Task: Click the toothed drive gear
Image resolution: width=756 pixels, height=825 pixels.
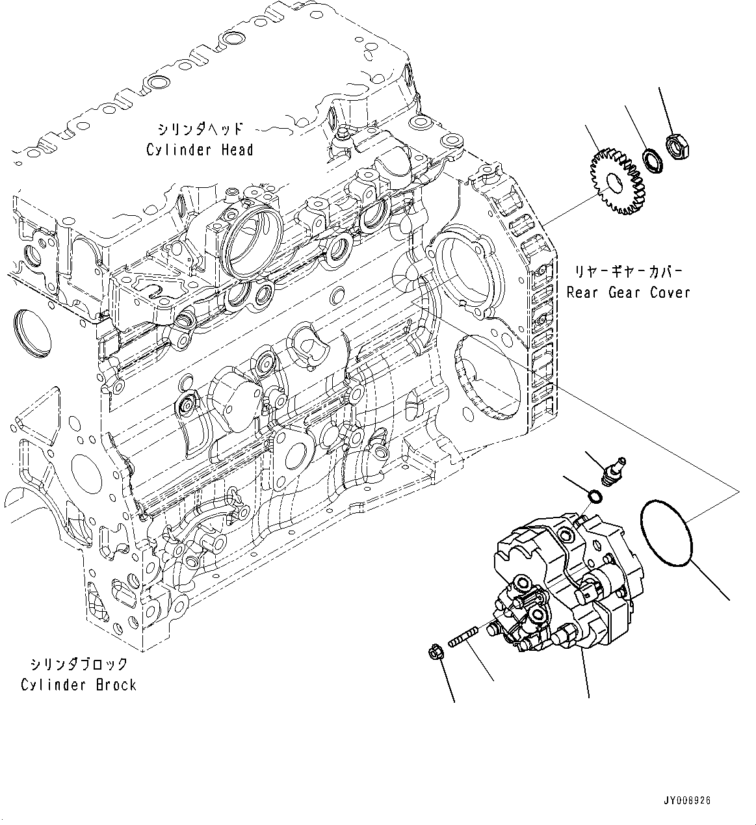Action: [615, 182]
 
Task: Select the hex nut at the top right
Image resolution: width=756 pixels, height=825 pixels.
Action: [678, 147]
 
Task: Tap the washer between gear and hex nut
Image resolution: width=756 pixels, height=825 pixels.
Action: [652, 161]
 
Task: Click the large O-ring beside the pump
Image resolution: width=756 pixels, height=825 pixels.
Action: [669, 529]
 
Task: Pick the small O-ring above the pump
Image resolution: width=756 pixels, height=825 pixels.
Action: [594, 497]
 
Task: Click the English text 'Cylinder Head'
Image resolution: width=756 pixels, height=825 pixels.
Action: [200, 150]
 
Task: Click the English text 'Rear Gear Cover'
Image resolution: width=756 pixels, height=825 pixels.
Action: [628, 293]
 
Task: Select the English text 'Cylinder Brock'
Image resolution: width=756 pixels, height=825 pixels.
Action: [79, 685]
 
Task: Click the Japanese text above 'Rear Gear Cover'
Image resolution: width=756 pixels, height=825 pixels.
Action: [628, 270]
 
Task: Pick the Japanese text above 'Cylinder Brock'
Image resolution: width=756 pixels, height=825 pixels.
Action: [79, 664]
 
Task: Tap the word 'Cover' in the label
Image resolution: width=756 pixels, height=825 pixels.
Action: [670, 293]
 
